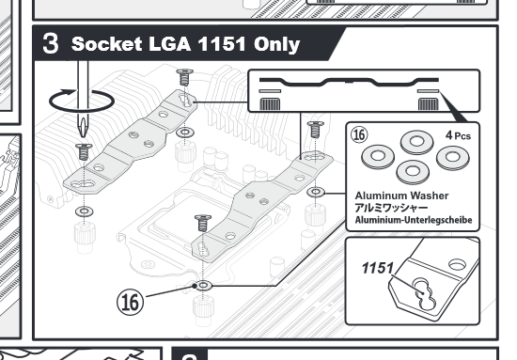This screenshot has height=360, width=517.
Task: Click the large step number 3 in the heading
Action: tap(51, 43)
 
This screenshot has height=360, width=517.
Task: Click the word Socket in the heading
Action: tap(107, 44)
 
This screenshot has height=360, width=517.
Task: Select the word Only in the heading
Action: tap(276, 44)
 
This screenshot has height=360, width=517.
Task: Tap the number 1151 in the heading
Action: tap(222, 44)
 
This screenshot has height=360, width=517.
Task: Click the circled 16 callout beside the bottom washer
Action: tap(131, 302)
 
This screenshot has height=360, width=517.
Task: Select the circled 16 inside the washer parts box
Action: tap(359, 134)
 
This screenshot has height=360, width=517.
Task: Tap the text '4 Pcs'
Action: tap(458, 135)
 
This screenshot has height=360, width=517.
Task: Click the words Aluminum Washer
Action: tap(401, 196)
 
